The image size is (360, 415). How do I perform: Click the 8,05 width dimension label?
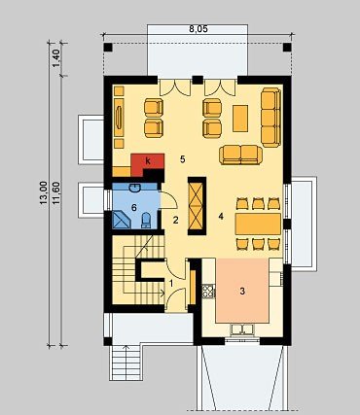coord(198,29)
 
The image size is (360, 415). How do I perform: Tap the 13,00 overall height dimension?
coord(44,192)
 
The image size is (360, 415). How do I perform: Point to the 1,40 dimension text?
coord(56,58)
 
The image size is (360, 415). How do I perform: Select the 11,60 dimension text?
coord(56,193)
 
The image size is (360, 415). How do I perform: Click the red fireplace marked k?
coord(148,163)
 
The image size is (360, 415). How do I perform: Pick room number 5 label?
coord(183,159)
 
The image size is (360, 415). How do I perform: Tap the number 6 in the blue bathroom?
coord(134,208)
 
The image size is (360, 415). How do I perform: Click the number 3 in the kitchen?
coord(242,291)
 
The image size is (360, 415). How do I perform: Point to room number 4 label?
coord(221,217)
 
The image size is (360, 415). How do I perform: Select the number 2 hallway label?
coord(176,221)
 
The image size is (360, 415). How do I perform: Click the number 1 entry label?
coord(171,284)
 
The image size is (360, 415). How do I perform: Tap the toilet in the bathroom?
coord(146,220)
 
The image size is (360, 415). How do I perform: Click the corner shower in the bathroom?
coord(121,220)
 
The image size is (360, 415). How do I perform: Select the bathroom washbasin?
coord(134,188)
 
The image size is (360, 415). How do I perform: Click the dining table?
coord(258,224)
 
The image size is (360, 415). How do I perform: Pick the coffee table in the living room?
coord(240,119)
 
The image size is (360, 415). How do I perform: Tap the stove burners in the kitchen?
coord(208,291)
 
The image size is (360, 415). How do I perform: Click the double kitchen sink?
coord(242,329)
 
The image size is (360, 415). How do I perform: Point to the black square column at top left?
coord(108,48)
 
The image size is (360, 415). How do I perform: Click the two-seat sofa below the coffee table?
coord(240,155)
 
